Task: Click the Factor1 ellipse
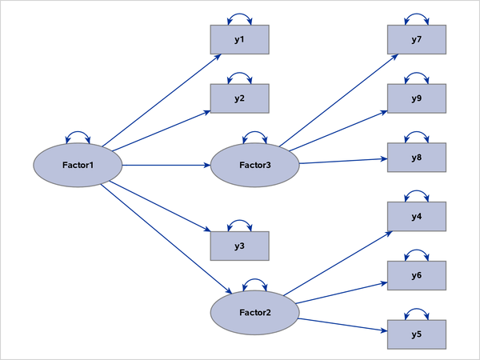(77, 166)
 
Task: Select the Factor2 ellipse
(254, 310)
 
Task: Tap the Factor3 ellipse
(254, 166)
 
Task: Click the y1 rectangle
(239, 40)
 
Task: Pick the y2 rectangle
(239, 98)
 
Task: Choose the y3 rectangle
(239, 246)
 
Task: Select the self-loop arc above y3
(239, 223)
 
